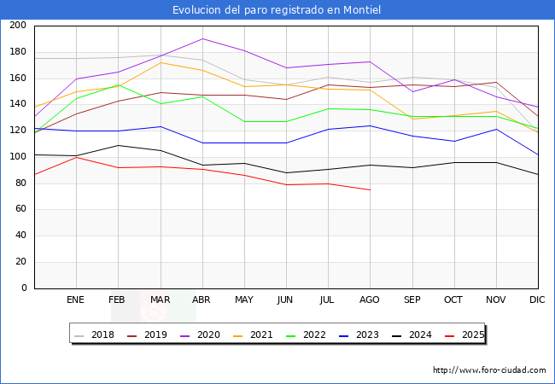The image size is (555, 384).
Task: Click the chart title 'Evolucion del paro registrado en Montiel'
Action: coord(277,9)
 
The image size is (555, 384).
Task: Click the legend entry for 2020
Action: coord(209,335)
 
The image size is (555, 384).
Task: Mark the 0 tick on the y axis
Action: coord(23,288)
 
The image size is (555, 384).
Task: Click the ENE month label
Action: coord(76,300)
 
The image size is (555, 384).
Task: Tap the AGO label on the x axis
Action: coord(370,300)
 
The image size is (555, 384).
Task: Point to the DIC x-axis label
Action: coord(537,300)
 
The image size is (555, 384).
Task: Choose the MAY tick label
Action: coord(244,300)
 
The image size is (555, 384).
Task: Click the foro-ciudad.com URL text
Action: coord(489,370)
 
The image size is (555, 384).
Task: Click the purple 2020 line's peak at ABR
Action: coord(202,38)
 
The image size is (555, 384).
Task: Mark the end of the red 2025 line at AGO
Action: coord(370,189)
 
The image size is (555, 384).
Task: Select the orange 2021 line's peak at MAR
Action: coord(160,62)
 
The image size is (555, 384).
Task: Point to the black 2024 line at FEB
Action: coord(118,145)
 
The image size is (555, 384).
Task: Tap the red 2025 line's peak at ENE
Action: coord(76,157)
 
